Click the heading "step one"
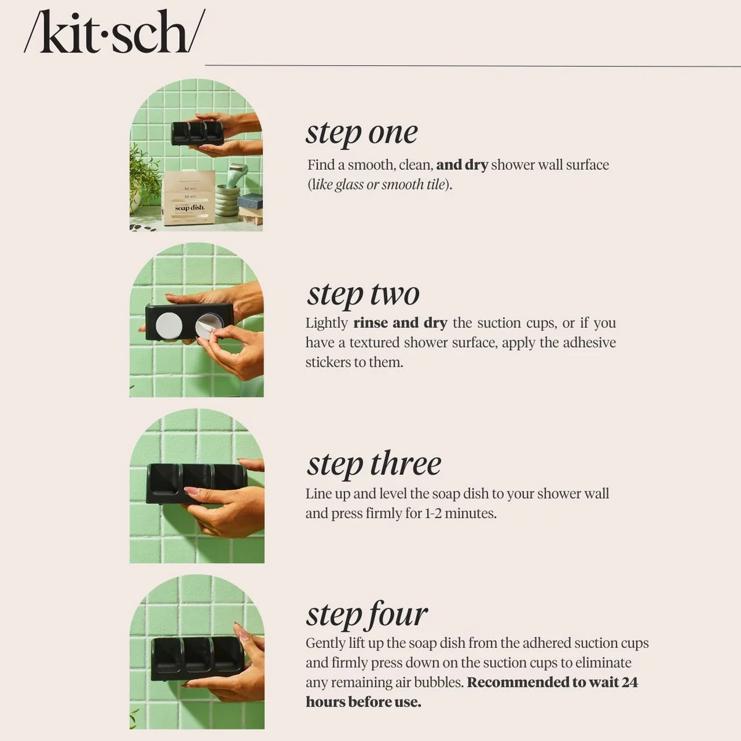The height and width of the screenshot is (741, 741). point(362,133)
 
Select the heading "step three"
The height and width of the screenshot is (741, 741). point(374,464)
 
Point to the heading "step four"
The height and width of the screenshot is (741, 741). point(367,614)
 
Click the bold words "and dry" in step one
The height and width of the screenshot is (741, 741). point(462,165)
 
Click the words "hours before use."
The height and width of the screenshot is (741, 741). point(363,702)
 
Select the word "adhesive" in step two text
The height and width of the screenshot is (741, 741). point(586,343)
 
